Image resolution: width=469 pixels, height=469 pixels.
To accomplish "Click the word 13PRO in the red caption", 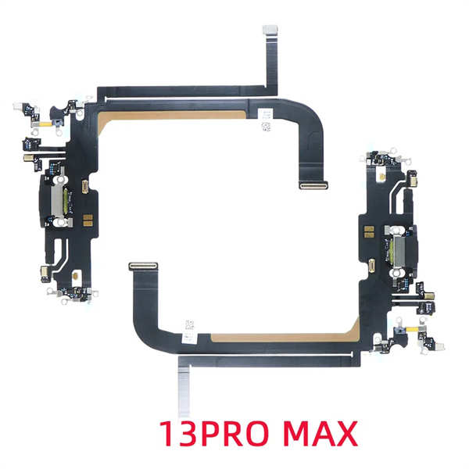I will [206, 432].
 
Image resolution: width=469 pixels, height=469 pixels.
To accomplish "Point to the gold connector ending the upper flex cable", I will [312, 185].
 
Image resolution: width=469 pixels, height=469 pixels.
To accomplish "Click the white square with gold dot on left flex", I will [77, 275].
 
